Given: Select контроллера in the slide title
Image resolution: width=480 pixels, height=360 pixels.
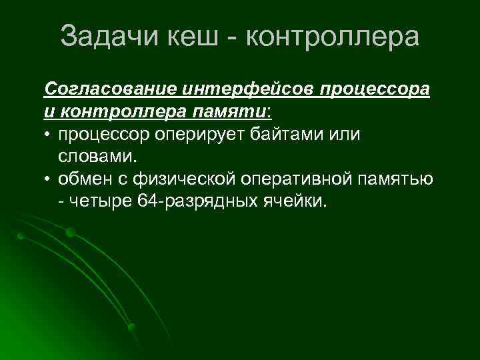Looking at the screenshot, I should (333, 37).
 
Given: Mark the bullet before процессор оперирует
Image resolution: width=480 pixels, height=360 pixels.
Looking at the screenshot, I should (49, 135).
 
